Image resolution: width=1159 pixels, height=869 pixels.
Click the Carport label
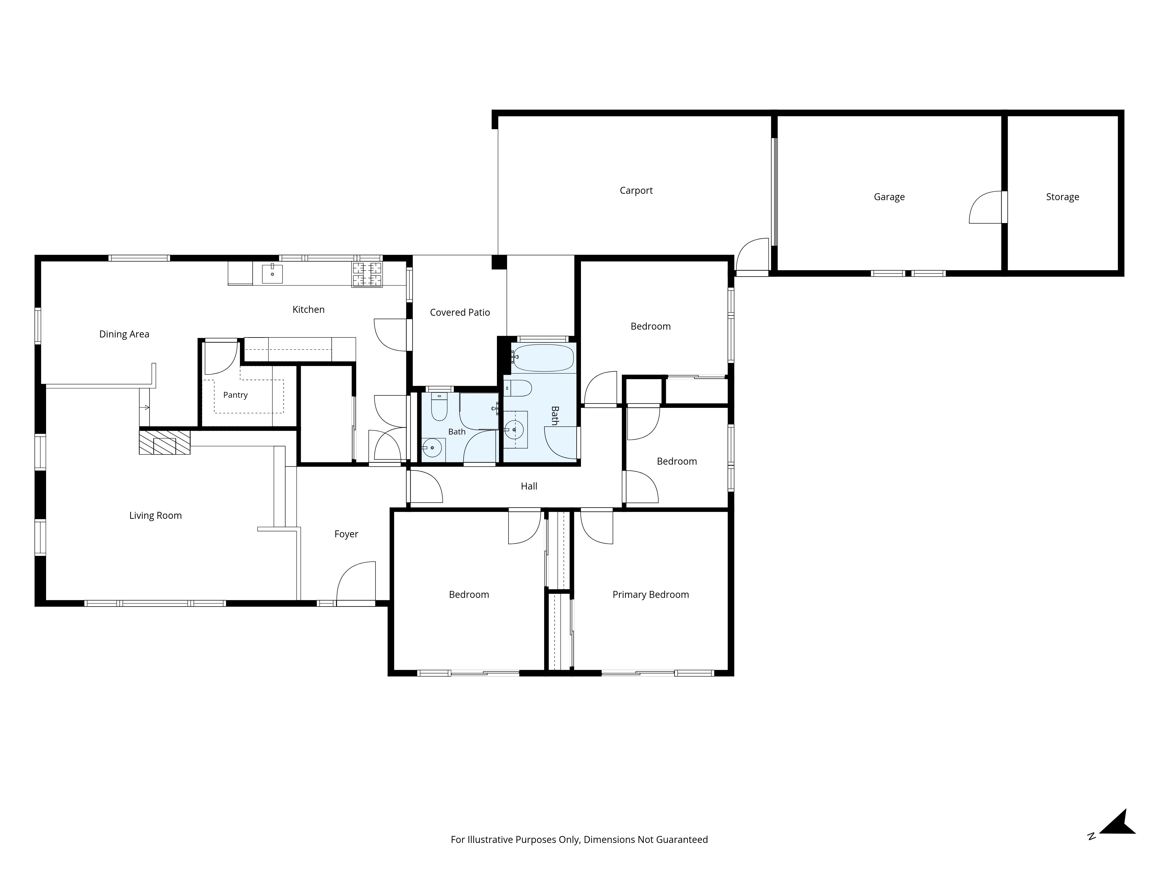[636, 191]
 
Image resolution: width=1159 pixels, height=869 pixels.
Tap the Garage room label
[889, 197]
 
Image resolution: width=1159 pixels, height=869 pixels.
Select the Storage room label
[1063, 197]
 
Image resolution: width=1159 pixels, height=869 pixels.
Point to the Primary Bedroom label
[651, 594]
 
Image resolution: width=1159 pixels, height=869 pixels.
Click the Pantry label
[235, 395]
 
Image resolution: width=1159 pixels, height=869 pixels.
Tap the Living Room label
[156, 515]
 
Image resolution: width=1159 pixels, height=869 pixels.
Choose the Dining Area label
[124, 334]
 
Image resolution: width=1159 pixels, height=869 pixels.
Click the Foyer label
[346, 534]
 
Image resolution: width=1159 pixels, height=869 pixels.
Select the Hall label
[529, 486]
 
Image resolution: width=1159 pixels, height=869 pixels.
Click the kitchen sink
[272, 273]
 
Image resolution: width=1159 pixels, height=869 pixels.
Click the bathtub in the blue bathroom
[543, 358]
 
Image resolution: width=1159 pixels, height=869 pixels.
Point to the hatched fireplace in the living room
[165, 442]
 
